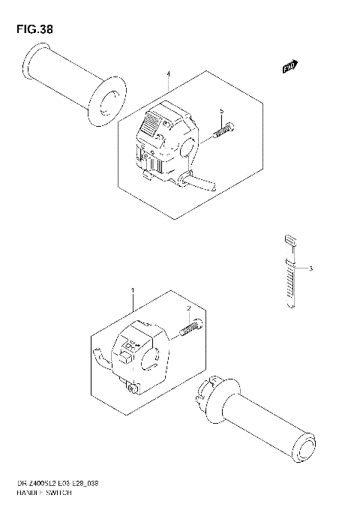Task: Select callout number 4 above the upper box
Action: point(169,75)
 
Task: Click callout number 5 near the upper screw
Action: point(222,112)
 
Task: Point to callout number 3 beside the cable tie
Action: point(310,268)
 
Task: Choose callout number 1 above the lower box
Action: point(133,290)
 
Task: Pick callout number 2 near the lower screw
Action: point(190,308)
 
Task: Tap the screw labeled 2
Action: point(190,328)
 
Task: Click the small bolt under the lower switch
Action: point(133,387)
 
